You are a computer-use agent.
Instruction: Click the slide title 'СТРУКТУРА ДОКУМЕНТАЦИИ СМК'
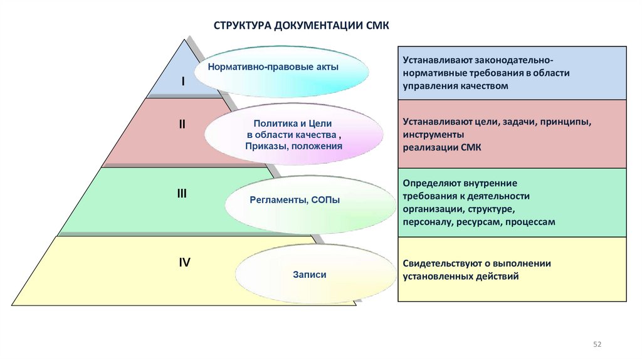click(302, 26)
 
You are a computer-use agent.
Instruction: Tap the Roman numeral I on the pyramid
click(183, 82)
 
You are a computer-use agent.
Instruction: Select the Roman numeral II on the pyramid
click(182, 124)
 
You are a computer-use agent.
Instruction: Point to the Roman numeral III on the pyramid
click(182, 194)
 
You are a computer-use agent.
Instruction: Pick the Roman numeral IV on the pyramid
click(184, 263)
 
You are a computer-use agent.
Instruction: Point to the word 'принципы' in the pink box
click(564, 122)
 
